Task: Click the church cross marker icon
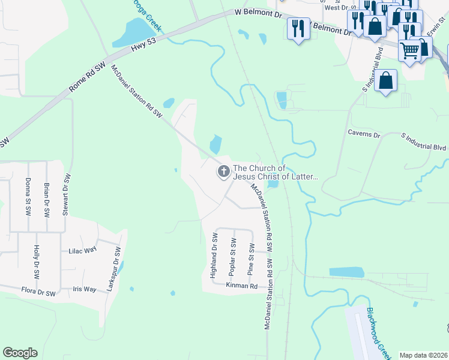(223, 172)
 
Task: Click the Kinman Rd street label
(241, 286)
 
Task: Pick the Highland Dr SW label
(213, 259)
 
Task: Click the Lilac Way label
(83, 251)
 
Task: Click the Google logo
(20, 353)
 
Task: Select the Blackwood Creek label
(378, 334)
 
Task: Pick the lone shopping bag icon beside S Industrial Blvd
(385, 81)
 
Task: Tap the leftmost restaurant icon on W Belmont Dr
(298, 28)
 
